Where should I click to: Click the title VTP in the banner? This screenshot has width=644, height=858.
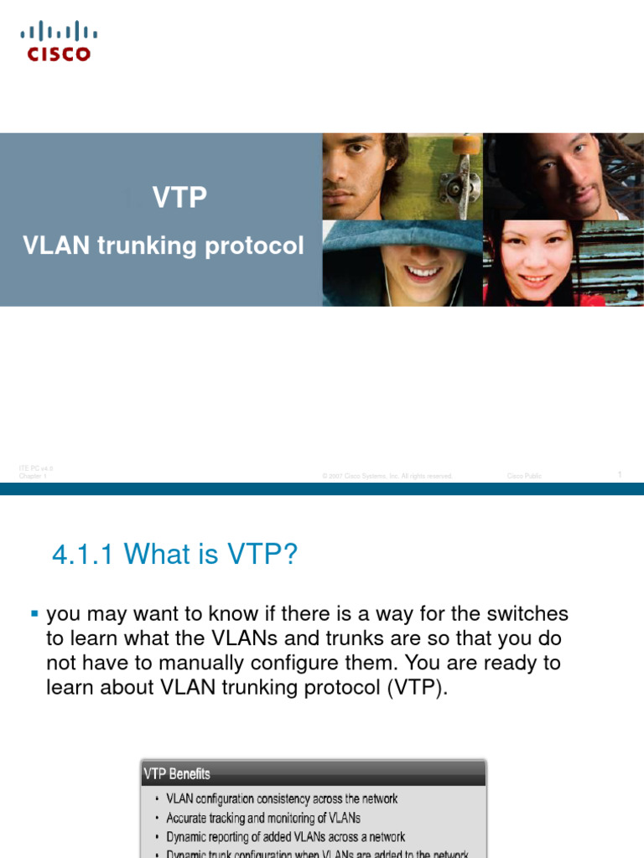point(179,198)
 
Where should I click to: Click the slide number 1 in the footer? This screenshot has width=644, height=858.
point(619,475)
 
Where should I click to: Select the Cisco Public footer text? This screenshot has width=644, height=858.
point(524,476)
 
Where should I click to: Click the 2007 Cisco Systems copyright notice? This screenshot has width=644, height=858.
point(387,476)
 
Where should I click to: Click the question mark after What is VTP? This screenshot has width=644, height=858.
point(290,554)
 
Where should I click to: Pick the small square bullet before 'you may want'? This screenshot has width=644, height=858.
point(34,614)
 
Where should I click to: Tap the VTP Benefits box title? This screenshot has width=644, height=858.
point(178,773)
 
